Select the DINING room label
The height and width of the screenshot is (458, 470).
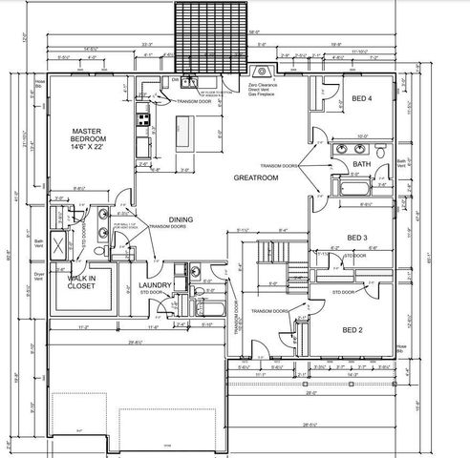click(182, 219)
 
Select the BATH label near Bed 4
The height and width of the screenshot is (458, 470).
click(361, 164)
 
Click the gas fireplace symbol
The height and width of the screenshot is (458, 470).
click(260, 72)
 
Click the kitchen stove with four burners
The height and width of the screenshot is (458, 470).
click(142, 120)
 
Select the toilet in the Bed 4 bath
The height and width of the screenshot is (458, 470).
click(380, 151)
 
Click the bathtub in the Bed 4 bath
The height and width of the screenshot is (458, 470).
click(358, 199)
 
